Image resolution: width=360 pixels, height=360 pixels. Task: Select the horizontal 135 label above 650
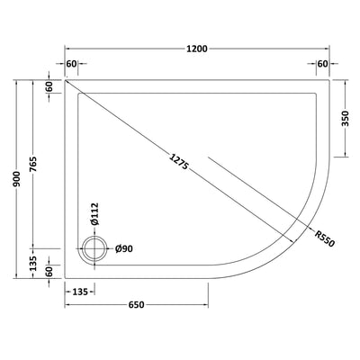pyautogui.click(x=79, y=292)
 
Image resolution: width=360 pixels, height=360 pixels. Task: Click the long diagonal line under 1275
pyautogui.click(x=135, y=135)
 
